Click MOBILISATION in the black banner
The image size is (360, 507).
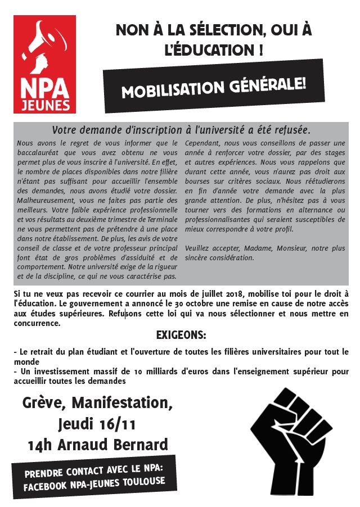pos(173,90)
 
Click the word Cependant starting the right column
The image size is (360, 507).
pos(204,143)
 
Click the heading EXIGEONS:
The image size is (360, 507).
pos(181,336)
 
